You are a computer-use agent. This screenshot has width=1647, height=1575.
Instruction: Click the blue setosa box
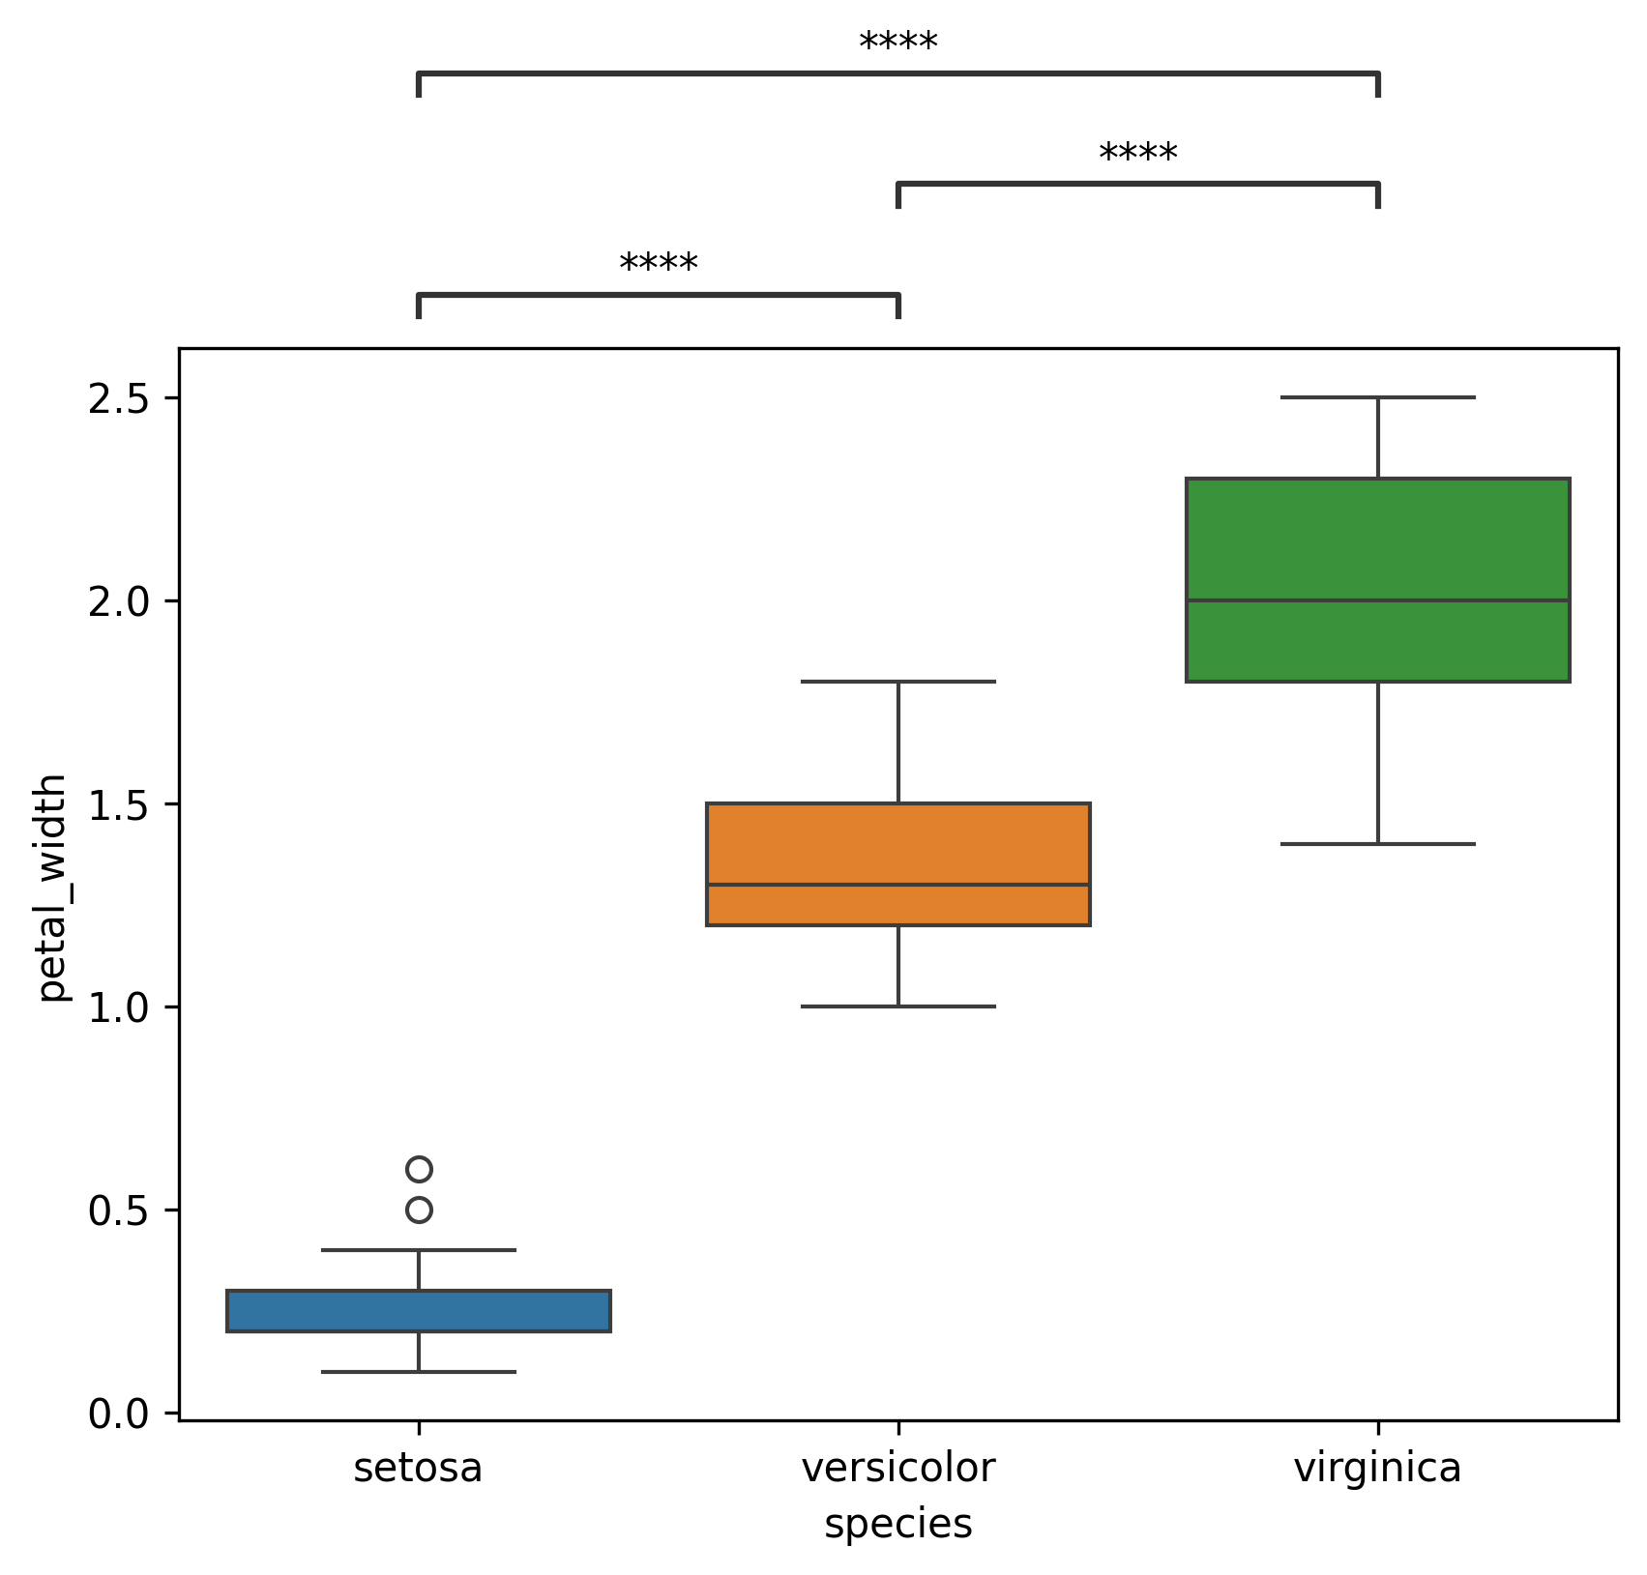[x=418, y=1310]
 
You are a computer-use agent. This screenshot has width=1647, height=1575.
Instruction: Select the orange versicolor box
[x=897, y=863]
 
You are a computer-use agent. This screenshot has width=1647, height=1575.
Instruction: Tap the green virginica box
[x=1377, y=579]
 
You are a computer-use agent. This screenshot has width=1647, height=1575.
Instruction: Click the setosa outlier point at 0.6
[x=419, y=1169]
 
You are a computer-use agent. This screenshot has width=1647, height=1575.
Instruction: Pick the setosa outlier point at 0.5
[x=419, y=1210]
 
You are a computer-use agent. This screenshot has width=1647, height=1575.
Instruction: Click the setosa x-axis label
[x=418, y=1469]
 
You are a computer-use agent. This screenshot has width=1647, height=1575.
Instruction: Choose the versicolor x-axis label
[x=897, y=1469]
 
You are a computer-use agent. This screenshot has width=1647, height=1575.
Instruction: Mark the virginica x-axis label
[x=1377, y=1469]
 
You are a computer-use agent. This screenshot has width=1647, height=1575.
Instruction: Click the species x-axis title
[x=897, y=1525]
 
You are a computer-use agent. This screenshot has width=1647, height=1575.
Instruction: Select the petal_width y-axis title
[x=52, y=887]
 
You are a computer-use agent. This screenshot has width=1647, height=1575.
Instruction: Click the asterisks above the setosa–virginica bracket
[x=897, y=44]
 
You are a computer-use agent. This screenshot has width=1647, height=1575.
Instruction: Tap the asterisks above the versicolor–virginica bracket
[x=1138, y=155]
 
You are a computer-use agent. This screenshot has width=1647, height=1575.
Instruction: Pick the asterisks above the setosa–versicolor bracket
[x=658, y=265]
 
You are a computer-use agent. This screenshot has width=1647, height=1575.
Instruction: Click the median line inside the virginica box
[x=1377, y=600]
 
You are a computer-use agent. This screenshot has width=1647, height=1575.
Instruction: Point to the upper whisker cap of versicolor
[x=897, y=682]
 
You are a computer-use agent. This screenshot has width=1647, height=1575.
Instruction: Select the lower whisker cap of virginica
[x=1377, y=844]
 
